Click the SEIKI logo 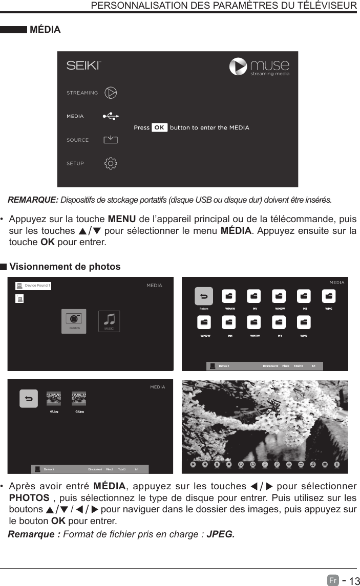pyautogui.click(x=84, y=66)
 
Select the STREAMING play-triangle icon pyautogui.click(x=111, y=93)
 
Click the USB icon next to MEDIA pyautogui.click(x=110, y=116)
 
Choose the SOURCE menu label pyautogui.click(x=77, y=140)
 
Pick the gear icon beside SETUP pyautogui.click(x=111, y=163)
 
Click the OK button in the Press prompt pyautogui.click(x=159, y=127)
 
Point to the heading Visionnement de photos pyautogui.click(x=65, y=267)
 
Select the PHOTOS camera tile pyautogui.click(x=74, y=320)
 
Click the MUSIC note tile pyautogui.click(x=109, y=320)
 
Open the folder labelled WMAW pyautogui.click(x=229, y=297)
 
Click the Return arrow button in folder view pyautogui.click(x=204, y=296)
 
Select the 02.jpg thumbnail pyautogui.click(x=79, y=399)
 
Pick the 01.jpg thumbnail pyautogui.click(x=54, y=399)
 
